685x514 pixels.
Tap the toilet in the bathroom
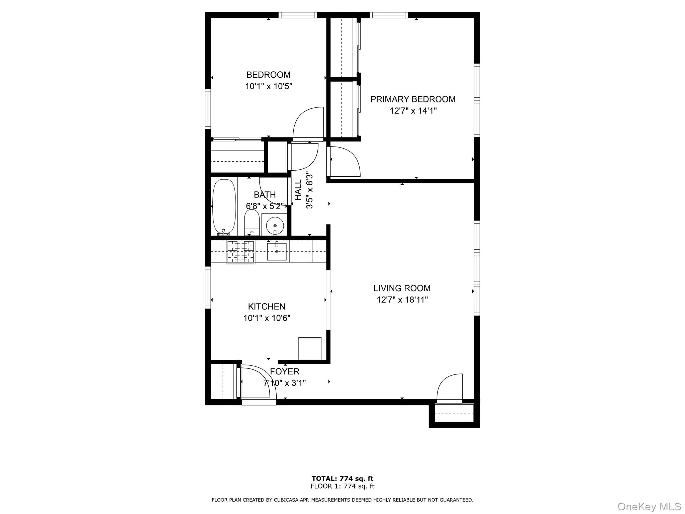point(252,222)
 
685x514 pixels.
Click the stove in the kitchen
point(240,252)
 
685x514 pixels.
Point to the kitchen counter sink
point(277,252)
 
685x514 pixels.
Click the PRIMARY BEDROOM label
point(413,99)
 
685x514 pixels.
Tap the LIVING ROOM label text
point(402,288)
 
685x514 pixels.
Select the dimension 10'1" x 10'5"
point(269,86)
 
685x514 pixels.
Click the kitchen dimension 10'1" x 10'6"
point(267,318)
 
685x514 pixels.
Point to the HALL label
point(298,190)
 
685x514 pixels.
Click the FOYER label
point(285,371)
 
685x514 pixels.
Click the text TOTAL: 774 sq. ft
point(342,479)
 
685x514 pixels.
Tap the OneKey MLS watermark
point(649,506)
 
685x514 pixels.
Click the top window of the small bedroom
point(297,15)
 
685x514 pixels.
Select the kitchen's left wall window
point(208,287)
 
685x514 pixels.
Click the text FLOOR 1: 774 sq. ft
point(342,486)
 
